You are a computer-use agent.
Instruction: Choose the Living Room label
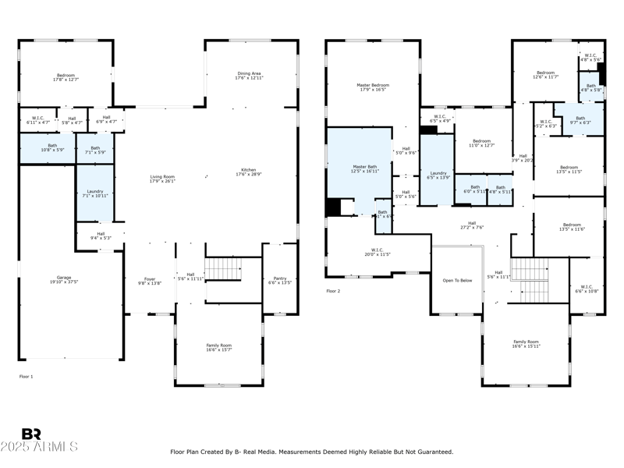162,179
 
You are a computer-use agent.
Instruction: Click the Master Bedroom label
373,87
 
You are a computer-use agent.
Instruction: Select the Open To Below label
458,280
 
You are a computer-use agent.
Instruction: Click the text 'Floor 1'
27,377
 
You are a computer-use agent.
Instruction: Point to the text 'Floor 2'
333,291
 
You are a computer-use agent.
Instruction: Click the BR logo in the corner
31,434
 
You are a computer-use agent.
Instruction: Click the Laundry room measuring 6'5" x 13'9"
438,175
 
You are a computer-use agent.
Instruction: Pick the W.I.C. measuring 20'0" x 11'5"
377,252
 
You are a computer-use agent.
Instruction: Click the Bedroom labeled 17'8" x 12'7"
65,77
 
